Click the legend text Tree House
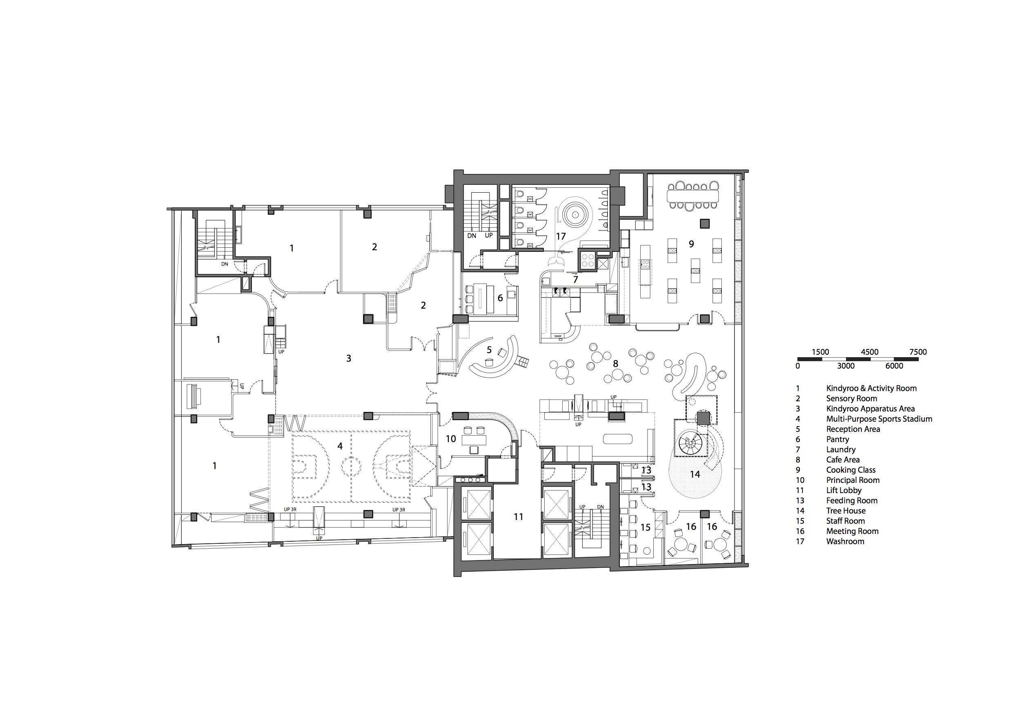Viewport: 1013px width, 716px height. [x=845, y=510]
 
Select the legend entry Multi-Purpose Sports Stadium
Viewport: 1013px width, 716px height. [x=879, y=419]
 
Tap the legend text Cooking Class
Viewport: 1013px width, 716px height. [x=850, y=470]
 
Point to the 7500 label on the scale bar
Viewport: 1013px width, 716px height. [x=918, y=352]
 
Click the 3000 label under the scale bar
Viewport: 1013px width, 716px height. [x=846, y=366]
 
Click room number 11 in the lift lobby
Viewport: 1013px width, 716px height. [x=519, y=517]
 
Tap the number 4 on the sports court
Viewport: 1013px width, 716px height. [x=340, y=446]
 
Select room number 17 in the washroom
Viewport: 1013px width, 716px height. [x=561, y=236]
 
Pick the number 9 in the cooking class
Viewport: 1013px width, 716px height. [x=691, y=244]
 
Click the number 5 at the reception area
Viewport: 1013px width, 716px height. [x=489, y=350]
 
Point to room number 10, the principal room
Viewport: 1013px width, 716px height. [x=450, y=439]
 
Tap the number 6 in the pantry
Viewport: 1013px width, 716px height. [x=500, y=298]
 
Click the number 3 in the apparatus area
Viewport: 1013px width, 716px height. [x=349, y=358]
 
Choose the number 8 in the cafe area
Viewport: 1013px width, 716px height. [x=615, y=364]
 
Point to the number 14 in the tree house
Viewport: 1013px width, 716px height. [x=695, y=474]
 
